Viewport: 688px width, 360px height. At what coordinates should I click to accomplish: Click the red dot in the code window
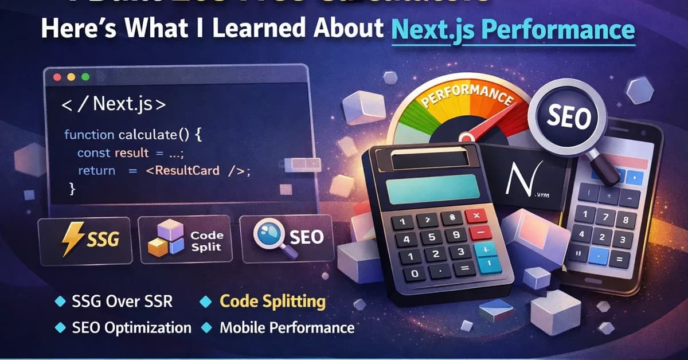point(56,76)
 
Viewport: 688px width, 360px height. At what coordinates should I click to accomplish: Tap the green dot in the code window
point(85,76)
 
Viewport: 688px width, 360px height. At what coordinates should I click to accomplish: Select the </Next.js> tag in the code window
point(114,105)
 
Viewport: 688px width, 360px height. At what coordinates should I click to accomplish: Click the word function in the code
point(89,135)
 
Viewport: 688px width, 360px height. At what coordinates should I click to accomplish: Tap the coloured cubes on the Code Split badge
point(166,239)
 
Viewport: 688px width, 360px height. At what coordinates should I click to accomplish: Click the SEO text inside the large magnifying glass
point(568,119)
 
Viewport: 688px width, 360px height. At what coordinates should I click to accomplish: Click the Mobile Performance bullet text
point(287,328)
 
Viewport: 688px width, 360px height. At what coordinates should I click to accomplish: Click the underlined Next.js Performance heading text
point(513,29)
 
